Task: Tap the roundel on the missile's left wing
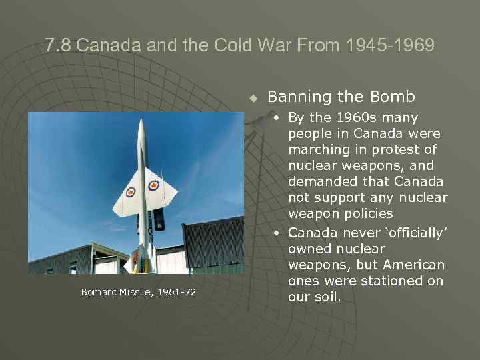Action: [x=131, y=193]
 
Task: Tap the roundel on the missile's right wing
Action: [x=154, y=185]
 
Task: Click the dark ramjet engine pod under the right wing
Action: [x=159, y=220]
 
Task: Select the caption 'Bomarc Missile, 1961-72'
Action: [x=139, y=292]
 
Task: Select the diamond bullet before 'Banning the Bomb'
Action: [x=253, y=98]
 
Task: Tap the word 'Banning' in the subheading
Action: [x=299, y=97]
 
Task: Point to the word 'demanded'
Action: [x=318, y=182]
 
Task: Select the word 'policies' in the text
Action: [x=369, y=214]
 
